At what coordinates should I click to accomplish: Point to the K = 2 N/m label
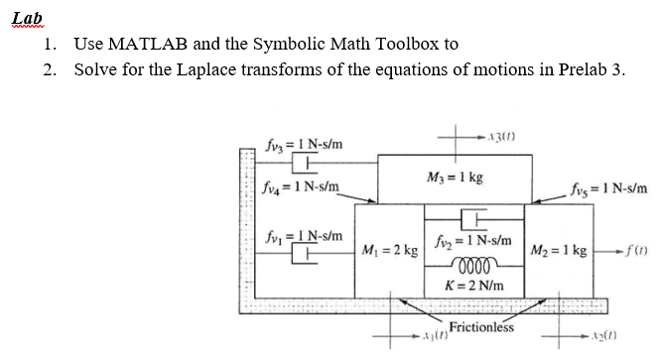[x=473, y=286]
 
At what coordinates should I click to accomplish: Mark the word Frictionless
[x=481, y=326]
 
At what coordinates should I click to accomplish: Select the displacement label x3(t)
[x=500, y=135]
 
